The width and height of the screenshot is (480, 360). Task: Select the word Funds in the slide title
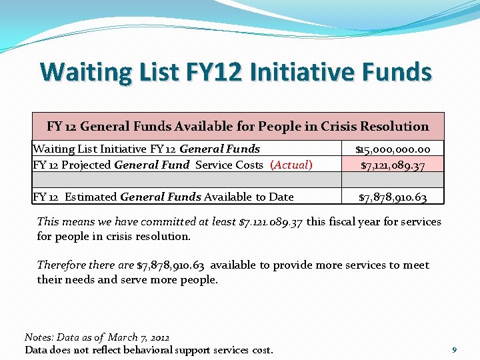click(393, 72)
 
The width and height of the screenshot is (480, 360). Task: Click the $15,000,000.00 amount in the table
click(393, 149)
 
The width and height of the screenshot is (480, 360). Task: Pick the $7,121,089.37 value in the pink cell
click(393, 165)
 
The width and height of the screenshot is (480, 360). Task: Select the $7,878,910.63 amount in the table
click(393, 197)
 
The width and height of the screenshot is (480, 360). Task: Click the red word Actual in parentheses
click(291, 165)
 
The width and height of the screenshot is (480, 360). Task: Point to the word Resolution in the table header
click(394, 126)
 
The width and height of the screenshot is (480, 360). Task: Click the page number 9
click(454, 349)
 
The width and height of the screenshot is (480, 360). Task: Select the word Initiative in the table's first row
click(113, 149)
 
